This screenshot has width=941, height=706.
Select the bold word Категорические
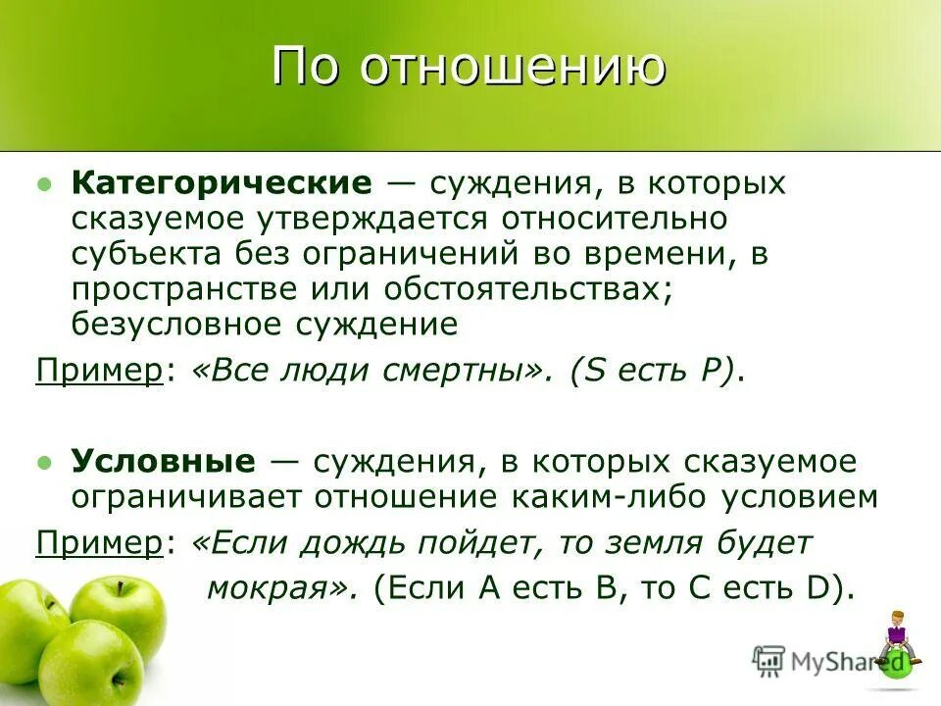(x=222, y=184)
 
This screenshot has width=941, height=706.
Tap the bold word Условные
(x=163, y=462)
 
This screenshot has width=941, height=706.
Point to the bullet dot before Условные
(x=43, y=463)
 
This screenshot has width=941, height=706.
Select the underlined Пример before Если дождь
(x=99, y=542)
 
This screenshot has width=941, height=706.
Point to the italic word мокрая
(x=280, y=587)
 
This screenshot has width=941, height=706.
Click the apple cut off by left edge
(x=25, y=628)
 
